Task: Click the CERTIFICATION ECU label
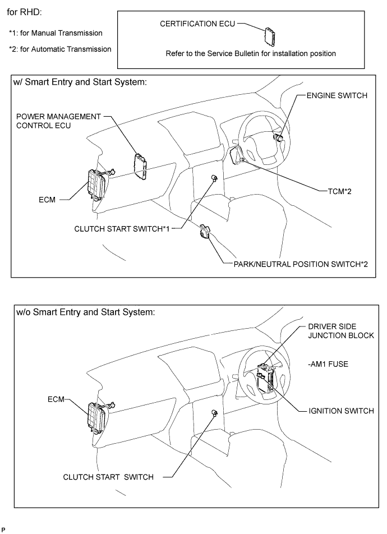click(x=196, y=25)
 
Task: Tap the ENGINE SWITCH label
click(x=337, y=96)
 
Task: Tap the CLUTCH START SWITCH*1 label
click(x=122, y=228)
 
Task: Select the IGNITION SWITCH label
click(x=340, y=411)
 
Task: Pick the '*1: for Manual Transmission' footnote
click(x=55, y=33)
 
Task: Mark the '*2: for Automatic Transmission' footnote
click(x=59, y=49)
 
